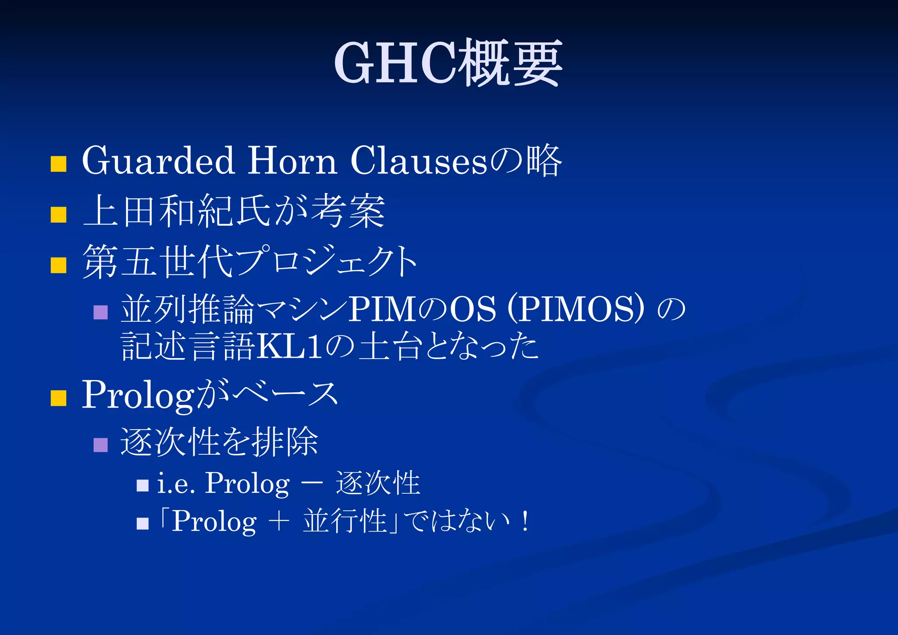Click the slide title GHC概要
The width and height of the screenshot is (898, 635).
(448, 62)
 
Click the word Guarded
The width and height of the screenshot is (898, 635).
(158, 161)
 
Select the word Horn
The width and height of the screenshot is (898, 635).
(292, 161)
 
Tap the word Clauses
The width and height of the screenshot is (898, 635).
(418, 161)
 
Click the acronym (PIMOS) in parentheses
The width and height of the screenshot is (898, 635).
(576, 309)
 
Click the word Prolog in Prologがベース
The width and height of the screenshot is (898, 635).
(138, 395)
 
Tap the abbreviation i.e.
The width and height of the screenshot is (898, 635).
(176, 484)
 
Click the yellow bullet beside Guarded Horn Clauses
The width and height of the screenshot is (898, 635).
(58, 164)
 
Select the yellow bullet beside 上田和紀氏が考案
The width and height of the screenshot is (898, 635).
(58, 215)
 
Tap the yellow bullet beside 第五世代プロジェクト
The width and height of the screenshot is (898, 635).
(58, 265)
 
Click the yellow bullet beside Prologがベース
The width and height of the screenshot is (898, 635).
(58, 398)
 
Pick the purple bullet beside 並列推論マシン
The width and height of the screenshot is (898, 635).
(101, 312)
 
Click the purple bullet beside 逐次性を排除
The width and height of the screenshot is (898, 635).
(101, 445)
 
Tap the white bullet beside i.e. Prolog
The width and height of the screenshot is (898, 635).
(143, 485)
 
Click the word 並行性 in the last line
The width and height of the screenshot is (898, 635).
(345, 522)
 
